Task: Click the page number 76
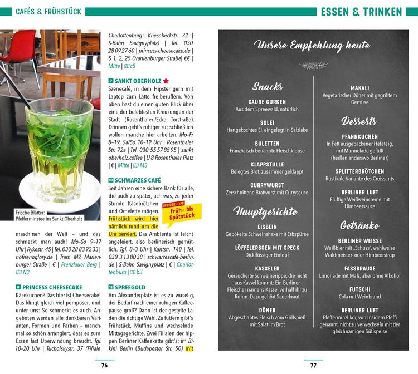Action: coord(104,365)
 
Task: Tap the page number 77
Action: coord(313,365)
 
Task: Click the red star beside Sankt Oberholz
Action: coord(166,81)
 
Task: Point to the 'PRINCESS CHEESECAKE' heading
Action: coord(52,286)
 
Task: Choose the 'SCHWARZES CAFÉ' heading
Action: coord(138,180)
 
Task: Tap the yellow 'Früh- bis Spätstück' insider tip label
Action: coord(182,212)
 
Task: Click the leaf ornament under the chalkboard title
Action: coord(314,65)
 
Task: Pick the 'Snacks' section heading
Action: coord(268,86)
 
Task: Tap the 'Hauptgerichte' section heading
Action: coord(265,211)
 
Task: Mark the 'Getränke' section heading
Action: coord(359,225)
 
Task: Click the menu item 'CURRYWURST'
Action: coord(268,185)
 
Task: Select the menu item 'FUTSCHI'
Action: coord(359,289)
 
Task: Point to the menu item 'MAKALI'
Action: coord(359,88)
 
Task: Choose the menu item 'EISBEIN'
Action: coord(268,227)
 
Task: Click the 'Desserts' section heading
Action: coord(359,121)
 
